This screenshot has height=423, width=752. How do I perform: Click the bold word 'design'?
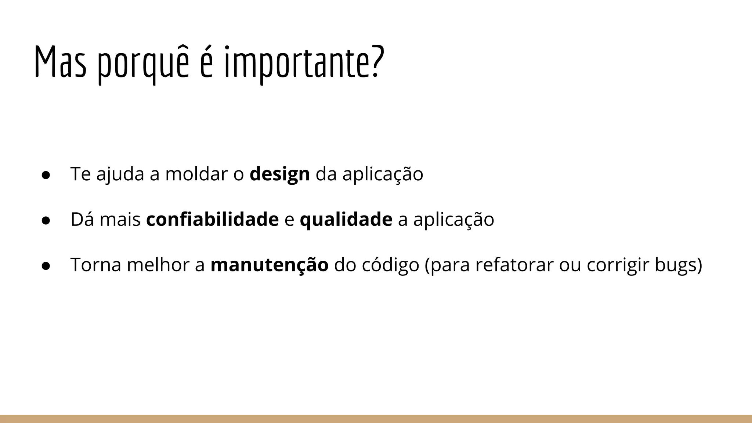[x=279, y=174]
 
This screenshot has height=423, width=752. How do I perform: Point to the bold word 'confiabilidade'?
[x=212, y=220]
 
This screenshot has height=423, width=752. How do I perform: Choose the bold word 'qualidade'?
[x=346, y=220]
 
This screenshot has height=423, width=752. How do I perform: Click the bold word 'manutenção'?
[x=269, y=265]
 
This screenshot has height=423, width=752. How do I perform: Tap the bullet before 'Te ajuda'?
[x=46, y=175]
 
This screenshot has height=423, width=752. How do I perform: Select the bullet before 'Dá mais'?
[x=46, y=220]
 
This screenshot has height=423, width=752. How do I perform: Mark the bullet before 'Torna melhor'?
[x=46, y=266]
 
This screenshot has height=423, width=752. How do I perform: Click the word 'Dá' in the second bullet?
[x=82, y=220]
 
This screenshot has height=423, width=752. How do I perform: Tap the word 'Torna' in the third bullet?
[x=95, y=265]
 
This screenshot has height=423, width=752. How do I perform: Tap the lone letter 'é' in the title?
[x=206, y=63]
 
